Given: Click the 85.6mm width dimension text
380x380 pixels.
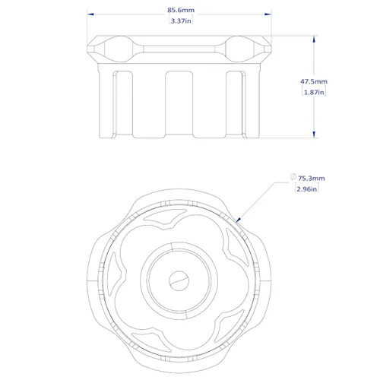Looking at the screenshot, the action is [181, 10].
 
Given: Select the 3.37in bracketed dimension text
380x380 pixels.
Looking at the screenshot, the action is [181, 21].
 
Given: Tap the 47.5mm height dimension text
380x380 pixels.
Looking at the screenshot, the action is [314, 81].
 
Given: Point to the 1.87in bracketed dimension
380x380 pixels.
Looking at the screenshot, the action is [314, 92].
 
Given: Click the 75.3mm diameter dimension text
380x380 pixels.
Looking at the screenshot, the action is [312, 178].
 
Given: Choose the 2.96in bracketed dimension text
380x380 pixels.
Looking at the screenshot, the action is [307, 189].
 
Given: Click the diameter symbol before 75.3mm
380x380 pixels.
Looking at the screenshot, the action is [293, 176].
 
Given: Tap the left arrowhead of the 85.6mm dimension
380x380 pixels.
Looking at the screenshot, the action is [90, 14].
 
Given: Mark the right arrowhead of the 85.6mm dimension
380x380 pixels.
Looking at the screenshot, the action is [268, 14].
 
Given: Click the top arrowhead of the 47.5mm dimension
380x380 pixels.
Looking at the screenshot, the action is [314, 39].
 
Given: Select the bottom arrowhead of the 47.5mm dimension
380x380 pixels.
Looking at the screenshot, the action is [314, 135].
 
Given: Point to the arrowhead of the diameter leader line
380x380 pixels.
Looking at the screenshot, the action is [238, 220].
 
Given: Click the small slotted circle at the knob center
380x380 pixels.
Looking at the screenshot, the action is [179, 280].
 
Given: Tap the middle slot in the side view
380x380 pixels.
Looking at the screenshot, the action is [179, 103].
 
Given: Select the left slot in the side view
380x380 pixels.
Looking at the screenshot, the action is [122, 103].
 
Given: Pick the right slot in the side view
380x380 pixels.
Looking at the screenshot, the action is [236, 103].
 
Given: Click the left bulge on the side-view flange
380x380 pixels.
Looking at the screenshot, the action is [118, 49].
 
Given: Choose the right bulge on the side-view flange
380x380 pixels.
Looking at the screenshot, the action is [239, 49].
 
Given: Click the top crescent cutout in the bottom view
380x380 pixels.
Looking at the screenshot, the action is [165, 217].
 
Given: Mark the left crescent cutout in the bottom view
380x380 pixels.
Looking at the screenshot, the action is [115, 274].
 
